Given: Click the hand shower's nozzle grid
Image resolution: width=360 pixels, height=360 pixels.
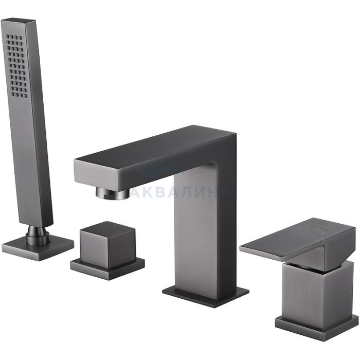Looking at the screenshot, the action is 16,66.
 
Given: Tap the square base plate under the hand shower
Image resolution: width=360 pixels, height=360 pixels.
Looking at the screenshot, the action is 38,248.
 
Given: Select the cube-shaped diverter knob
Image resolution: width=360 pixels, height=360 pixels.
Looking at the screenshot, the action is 107,245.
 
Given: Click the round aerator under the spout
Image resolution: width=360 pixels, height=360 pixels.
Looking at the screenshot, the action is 113,192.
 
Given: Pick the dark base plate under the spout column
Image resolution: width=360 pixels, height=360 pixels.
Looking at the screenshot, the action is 206,296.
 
